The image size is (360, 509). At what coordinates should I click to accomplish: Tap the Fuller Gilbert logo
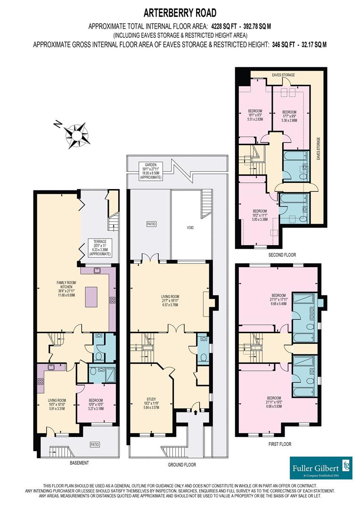click(x=320, y=468)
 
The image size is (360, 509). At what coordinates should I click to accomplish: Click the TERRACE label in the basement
click(x=100, y=247)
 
